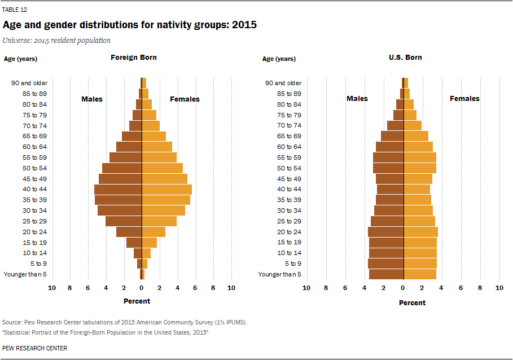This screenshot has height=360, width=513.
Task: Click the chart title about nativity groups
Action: (130, 25)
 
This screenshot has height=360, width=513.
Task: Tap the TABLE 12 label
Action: (15, 10)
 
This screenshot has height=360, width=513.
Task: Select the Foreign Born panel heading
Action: (134, 58)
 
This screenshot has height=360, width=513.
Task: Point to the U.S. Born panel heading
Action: (405, 58)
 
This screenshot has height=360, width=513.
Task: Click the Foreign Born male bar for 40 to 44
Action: (118, 189)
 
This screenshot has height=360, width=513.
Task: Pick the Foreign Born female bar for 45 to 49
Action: (164, 179)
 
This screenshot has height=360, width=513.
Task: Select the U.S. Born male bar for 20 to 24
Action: (385, 232)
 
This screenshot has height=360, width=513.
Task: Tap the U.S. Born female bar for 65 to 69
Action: (416, 136)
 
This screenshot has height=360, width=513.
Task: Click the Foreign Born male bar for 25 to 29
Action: (124, 221)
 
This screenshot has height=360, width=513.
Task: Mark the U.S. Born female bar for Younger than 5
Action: (420, 274)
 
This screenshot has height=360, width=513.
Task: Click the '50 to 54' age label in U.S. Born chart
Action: (289, 168)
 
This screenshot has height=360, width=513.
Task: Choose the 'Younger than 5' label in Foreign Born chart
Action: (25, 274)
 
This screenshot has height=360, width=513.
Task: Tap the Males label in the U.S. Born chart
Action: (357, 99)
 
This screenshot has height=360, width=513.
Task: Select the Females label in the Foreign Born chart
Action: (185, 99)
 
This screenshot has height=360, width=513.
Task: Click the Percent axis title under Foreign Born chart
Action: (137, 301)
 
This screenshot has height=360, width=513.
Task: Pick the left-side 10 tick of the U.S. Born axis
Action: (306, 288)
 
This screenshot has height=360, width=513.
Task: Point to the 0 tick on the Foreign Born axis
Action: (141, 288)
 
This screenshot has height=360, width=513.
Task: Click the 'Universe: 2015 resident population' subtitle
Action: (57, 41)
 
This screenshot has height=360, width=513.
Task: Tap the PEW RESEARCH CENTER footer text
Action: (34, 348)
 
